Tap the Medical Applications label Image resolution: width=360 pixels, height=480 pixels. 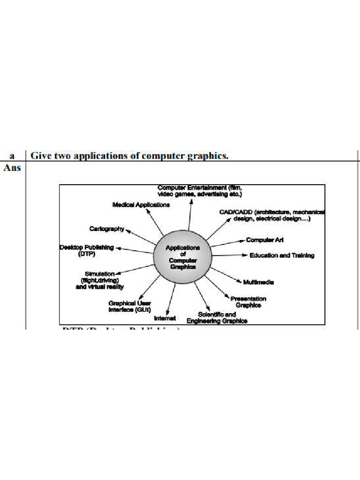point(141,205)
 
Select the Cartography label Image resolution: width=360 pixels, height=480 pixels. point(107,229)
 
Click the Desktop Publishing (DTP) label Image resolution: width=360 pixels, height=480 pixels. point(87,250)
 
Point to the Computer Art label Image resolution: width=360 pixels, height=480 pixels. point(265,240)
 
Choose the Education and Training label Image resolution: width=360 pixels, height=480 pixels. point(282,255)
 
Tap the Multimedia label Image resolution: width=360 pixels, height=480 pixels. point(258,282)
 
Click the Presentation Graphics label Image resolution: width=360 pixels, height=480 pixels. point(248,302)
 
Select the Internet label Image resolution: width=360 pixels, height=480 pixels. point(165,318)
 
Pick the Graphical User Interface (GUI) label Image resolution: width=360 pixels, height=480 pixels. point(129,306)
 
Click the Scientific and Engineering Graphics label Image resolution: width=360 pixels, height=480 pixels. point(217,318)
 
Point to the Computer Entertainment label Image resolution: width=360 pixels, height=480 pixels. point(200,190)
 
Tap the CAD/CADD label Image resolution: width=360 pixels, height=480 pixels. point(272,215)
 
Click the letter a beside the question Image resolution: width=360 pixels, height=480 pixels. point(12,156)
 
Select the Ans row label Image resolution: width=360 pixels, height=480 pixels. point(12,167)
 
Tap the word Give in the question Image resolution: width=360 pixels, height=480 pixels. point(40,156)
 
